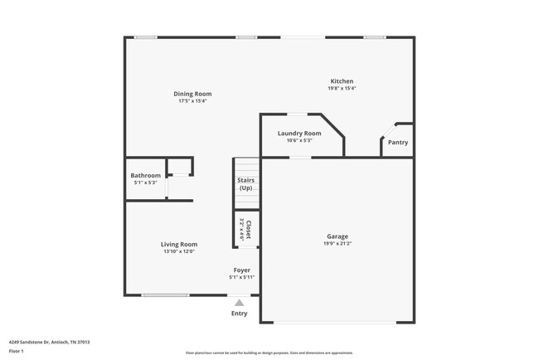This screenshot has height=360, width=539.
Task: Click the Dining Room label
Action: [189, 94]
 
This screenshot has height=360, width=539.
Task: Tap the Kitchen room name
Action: [342, 81]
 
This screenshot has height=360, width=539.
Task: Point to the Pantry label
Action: [398, 142]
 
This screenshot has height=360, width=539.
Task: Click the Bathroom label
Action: [145, 175]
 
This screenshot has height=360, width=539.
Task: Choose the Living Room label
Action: [179, 244]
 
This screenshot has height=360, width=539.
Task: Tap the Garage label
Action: [337, 236]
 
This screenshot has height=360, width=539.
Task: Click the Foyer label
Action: [242, 270]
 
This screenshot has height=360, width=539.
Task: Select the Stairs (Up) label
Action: [245, 184]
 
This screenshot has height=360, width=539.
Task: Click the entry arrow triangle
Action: [239, 304]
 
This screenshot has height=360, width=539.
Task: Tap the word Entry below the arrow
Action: [239, 314]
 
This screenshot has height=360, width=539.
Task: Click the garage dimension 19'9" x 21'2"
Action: [337, 244]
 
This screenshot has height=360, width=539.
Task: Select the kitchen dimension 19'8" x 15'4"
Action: [342, 89]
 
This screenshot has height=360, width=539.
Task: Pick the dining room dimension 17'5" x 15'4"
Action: [189, 101]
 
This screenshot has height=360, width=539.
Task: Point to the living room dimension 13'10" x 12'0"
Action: [179, 251]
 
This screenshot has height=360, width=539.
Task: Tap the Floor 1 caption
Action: [17, 351]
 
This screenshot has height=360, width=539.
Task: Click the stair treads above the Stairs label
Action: [245, 166]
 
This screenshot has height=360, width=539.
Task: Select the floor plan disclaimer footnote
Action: [269, 353]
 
